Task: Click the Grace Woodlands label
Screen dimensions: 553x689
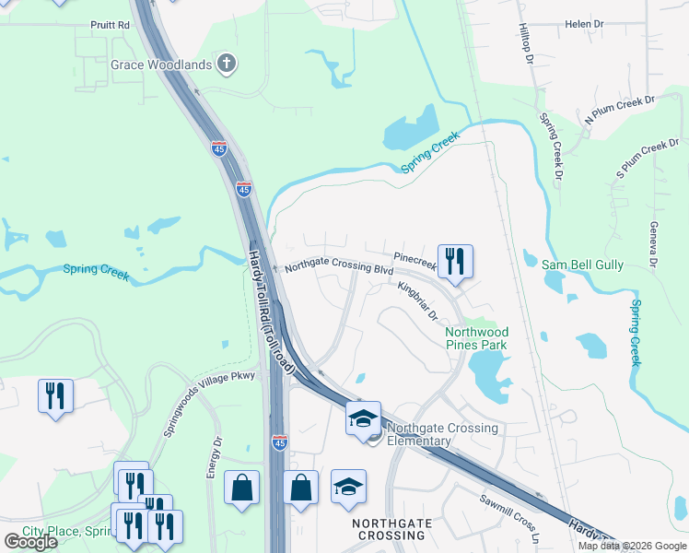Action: click(161, 65)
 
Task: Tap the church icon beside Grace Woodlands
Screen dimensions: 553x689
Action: click(227, 65)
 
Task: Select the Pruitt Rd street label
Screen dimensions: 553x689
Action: click(110, 26)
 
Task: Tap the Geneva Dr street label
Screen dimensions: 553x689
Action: click(652, 245)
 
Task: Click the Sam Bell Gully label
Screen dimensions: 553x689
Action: click(582, 265)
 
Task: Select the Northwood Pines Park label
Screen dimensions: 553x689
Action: click(476, 338)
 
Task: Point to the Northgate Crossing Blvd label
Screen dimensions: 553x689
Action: click(338, 268)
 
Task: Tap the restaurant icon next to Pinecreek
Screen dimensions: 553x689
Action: click(454, 261)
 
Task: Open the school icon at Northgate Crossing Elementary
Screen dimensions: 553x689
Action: click(363, 418)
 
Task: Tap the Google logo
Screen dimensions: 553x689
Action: click(29, 542)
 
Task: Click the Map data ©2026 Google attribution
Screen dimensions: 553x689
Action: click(632, 546)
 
